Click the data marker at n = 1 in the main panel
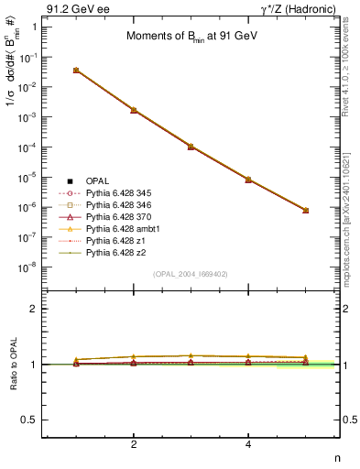76,70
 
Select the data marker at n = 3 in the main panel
191,146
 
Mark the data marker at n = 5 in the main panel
305,210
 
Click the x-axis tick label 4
248,443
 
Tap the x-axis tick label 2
134,443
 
